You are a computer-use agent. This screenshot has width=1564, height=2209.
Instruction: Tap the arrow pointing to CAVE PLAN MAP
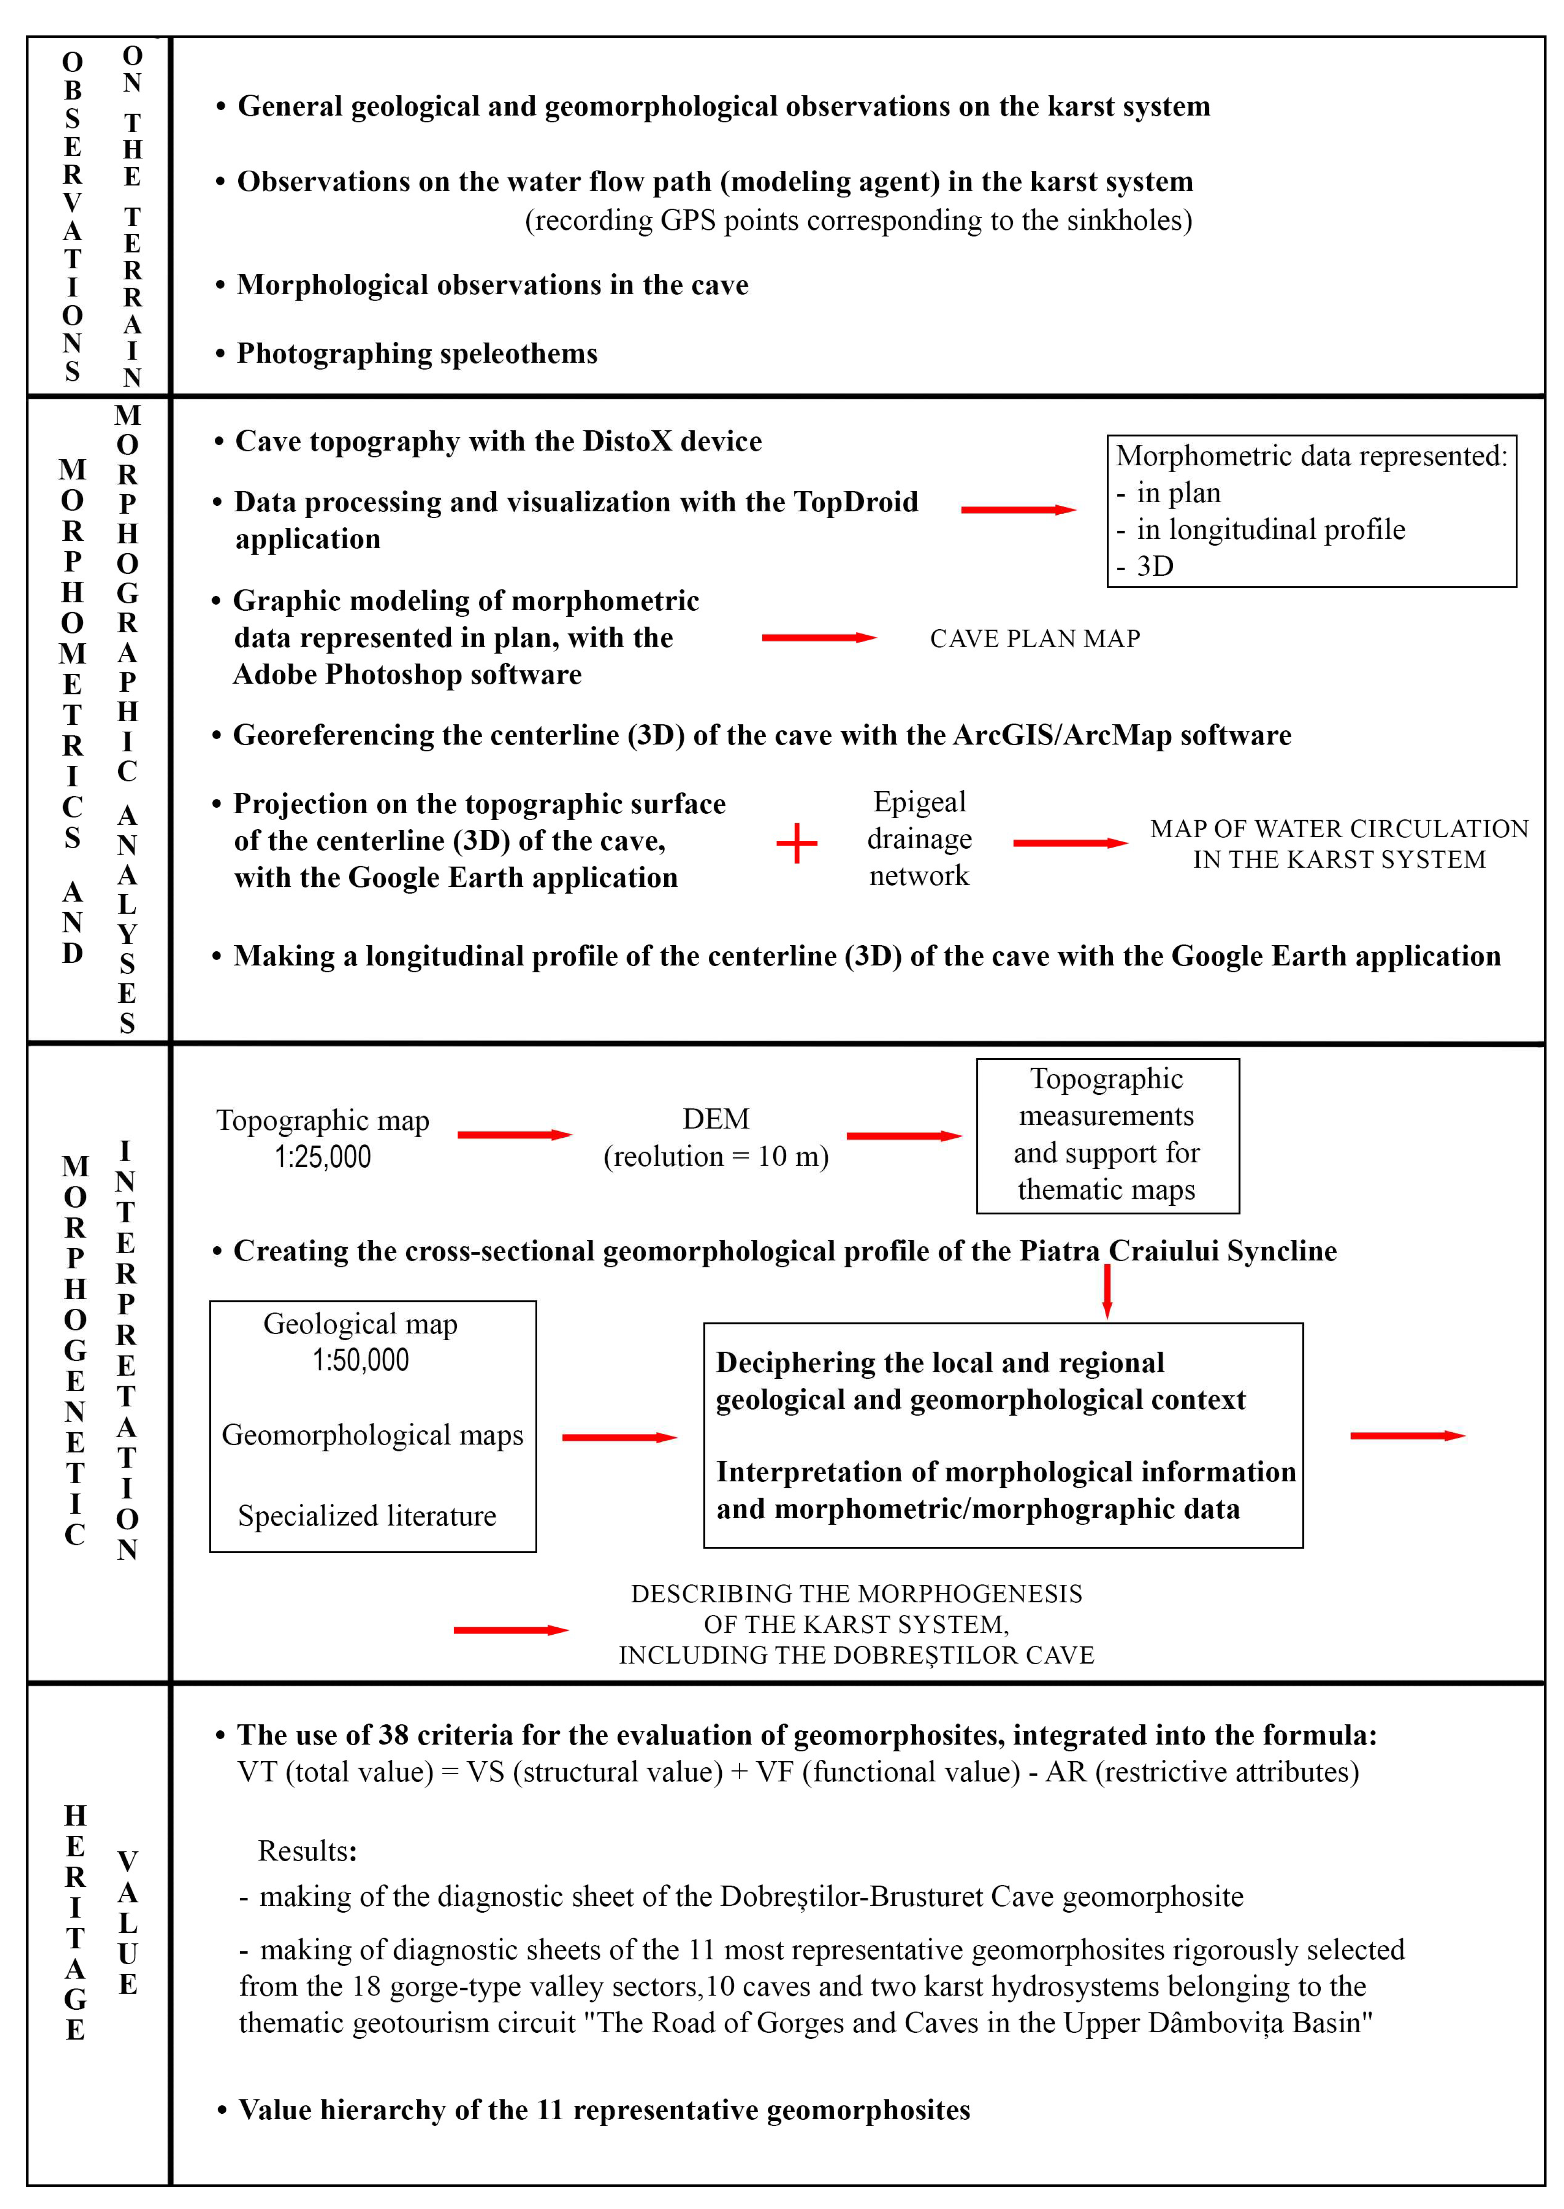[819, 638]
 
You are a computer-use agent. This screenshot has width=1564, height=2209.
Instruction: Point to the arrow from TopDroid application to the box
[1018, 509]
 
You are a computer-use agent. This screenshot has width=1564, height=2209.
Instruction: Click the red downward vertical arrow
[1108, 1291]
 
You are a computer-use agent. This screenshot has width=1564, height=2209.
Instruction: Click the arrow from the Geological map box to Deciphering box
[619, 1437]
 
